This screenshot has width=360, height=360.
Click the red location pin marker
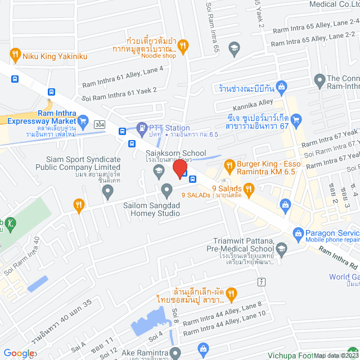pos(179,168)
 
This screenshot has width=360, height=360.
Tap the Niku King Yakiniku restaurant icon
pos(15,55)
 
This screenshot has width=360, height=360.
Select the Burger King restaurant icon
pos(229,165)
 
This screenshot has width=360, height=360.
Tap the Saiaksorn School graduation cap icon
pos(159,169)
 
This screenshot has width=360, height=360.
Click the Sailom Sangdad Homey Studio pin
pos(166,190)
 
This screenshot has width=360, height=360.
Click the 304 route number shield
pos(100,123)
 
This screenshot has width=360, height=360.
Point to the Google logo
pos(20,353)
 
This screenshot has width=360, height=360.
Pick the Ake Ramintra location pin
pos(175,353)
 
